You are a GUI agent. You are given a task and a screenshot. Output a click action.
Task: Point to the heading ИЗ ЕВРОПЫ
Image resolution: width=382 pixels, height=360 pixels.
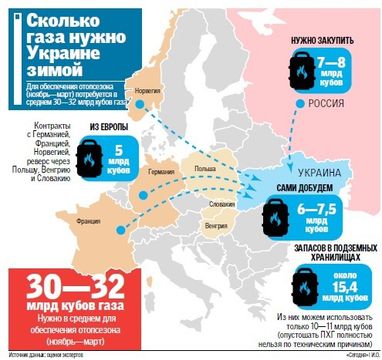[111, 128]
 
